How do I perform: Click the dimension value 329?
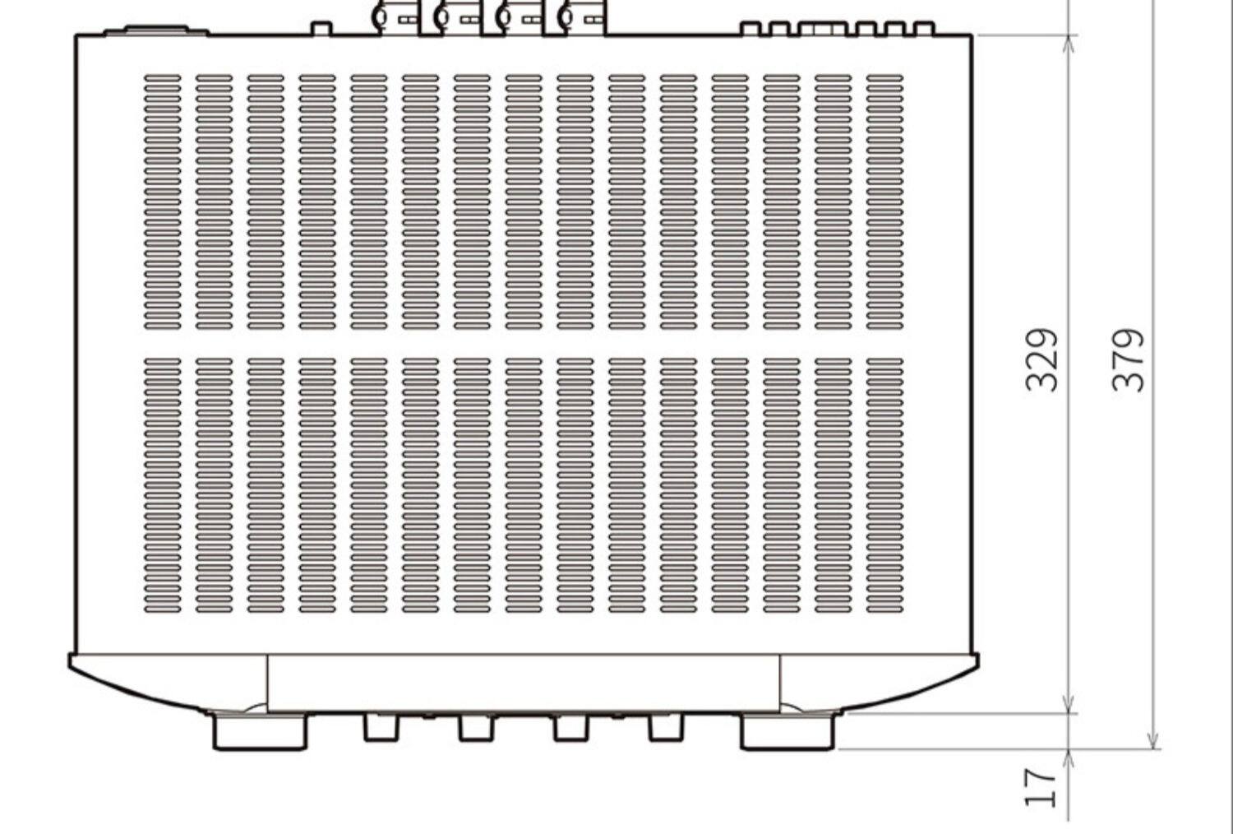(x=1041, y=359)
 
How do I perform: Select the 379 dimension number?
(x=1128, y=359)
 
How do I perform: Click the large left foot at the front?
(x=259, y=731)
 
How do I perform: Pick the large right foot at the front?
(x=787, y=731)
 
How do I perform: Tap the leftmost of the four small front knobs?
(x=381, y=727)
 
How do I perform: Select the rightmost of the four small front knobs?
(x=666, y=727)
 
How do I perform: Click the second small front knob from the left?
(x=476, y=727)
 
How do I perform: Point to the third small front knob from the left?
(x=571, y=727)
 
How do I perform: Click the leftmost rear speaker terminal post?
(x=395, y=16)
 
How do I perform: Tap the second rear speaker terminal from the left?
(x=457, y=16)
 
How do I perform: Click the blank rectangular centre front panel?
(x=524, y=683)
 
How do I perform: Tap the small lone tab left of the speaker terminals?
(x=321, y=28)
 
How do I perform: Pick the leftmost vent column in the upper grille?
(x=162, y=202)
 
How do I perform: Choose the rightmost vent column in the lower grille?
(x=884, y=485)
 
